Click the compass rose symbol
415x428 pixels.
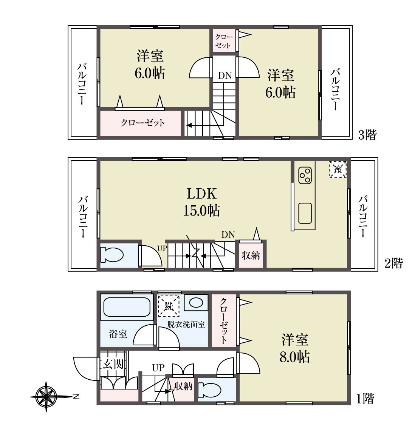[x=46, y=396]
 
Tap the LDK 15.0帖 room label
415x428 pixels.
[x=202, y=202]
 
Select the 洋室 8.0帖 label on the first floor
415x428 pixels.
[x=295, y=348]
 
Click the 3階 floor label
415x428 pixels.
[x=367, y=135]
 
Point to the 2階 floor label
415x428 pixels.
[x=394, y=263]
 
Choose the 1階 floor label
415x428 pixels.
[x=365, y=399]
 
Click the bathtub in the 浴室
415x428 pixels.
[x=127, y=307]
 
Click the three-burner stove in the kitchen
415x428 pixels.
[x=305, y=176]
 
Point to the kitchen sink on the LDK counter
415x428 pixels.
[x=305, y=213]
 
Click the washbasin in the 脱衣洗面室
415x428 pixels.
[x=196, y=302]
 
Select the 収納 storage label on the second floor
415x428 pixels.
[x=251, y=256]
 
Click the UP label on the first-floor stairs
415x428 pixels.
[x=158, y=368]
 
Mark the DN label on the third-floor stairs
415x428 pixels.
[x=225, y=75]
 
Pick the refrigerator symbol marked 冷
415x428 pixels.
[x=338, y=169]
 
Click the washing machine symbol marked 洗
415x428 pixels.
[x=169, y=306]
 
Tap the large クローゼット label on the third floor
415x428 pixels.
[x=143, y=123]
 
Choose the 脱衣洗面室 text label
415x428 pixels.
[x=186, y=325]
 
